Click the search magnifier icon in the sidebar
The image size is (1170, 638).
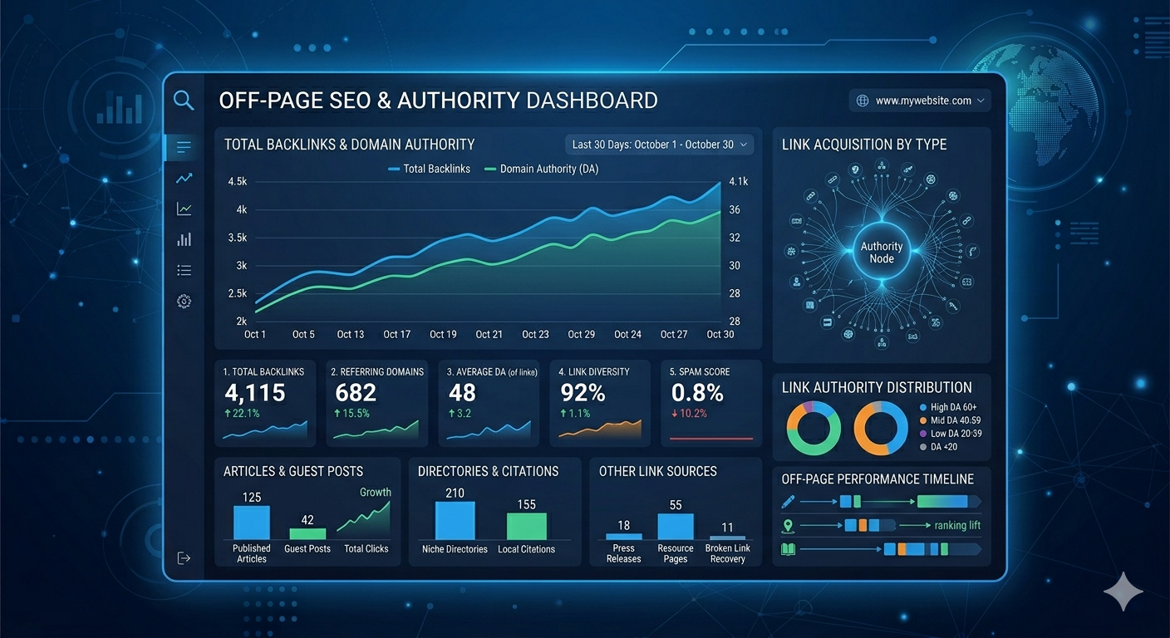point(184,101)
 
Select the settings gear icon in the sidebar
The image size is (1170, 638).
point(184,302)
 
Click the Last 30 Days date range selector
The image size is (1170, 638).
point(659,145)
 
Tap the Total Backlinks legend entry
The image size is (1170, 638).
point(429,169)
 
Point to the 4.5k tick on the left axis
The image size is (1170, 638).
point(237,181)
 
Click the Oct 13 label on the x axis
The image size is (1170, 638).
point(350,334)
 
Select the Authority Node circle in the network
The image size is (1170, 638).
point(882,253)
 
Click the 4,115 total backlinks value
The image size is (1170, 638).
point(255,393)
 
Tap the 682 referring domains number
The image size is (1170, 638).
point(356,393)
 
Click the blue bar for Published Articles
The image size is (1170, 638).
point(251,523)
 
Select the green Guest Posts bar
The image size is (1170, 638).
point(307,534)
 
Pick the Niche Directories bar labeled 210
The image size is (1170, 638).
point(455,521)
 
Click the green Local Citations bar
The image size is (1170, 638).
point(526,527)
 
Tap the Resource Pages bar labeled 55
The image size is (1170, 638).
point(676,527)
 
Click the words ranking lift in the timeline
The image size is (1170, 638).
point(957,525)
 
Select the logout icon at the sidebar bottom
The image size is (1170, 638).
point(184,557)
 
